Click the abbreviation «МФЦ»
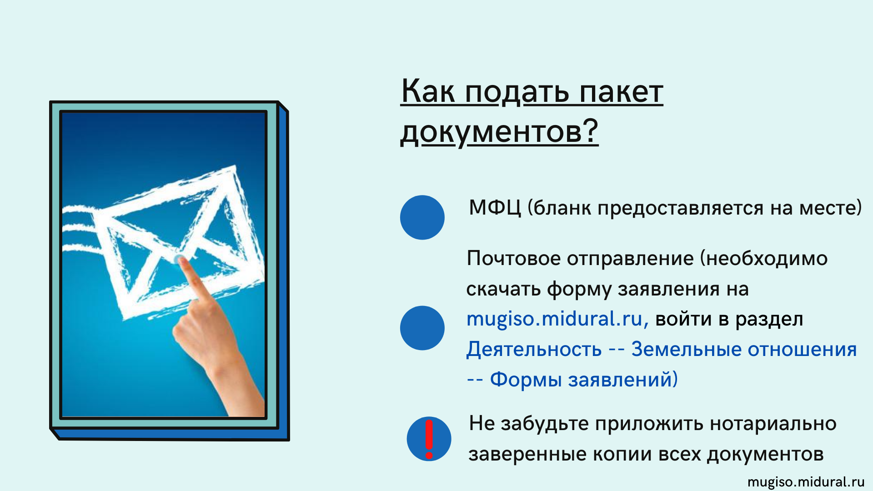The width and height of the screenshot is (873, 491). coord(495,208)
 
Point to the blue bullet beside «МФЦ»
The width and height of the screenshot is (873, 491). coord(422,217)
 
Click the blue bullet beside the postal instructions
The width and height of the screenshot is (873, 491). coord(422,328)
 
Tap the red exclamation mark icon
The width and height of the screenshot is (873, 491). coord(429,439)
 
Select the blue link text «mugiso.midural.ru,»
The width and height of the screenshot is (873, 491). coord(557,319)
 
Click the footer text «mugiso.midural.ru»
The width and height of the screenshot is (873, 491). coord(806,482)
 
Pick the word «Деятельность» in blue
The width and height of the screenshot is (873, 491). coord(534,349)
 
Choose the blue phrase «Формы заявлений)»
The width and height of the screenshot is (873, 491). coord(584,379)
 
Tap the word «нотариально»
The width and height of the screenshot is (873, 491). coord(773,424)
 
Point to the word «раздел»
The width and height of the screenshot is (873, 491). coord(769,319)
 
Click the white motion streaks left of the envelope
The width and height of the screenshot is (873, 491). coord(80,227)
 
